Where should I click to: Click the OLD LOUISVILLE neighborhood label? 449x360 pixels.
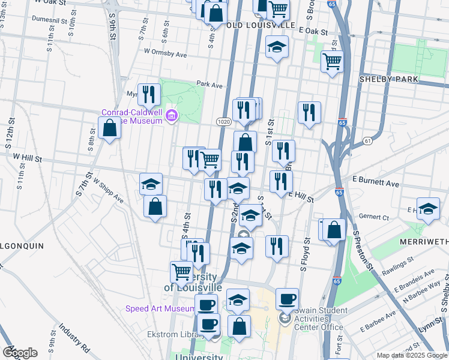tap(262, 26)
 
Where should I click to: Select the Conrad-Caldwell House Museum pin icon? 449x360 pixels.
tap(171, 115)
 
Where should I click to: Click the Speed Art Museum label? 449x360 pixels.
tap(160, 309)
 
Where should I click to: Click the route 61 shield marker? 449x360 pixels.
tap(367, 141)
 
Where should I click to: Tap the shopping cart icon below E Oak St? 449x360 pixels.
tap(332, 61)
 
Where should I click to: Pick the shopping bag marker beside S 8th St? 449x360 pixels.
tap(109, 128)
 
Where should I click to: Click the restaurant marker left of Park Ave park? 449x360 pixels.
tap(148, 94)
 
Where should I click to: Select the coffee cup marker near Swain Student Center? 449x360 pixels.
tap(287, 298)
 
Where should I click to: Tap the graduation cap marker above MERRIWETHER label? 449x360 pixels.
tap(428, 209)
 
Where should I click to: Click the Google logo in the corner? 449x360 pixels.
tap(20, 352)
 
